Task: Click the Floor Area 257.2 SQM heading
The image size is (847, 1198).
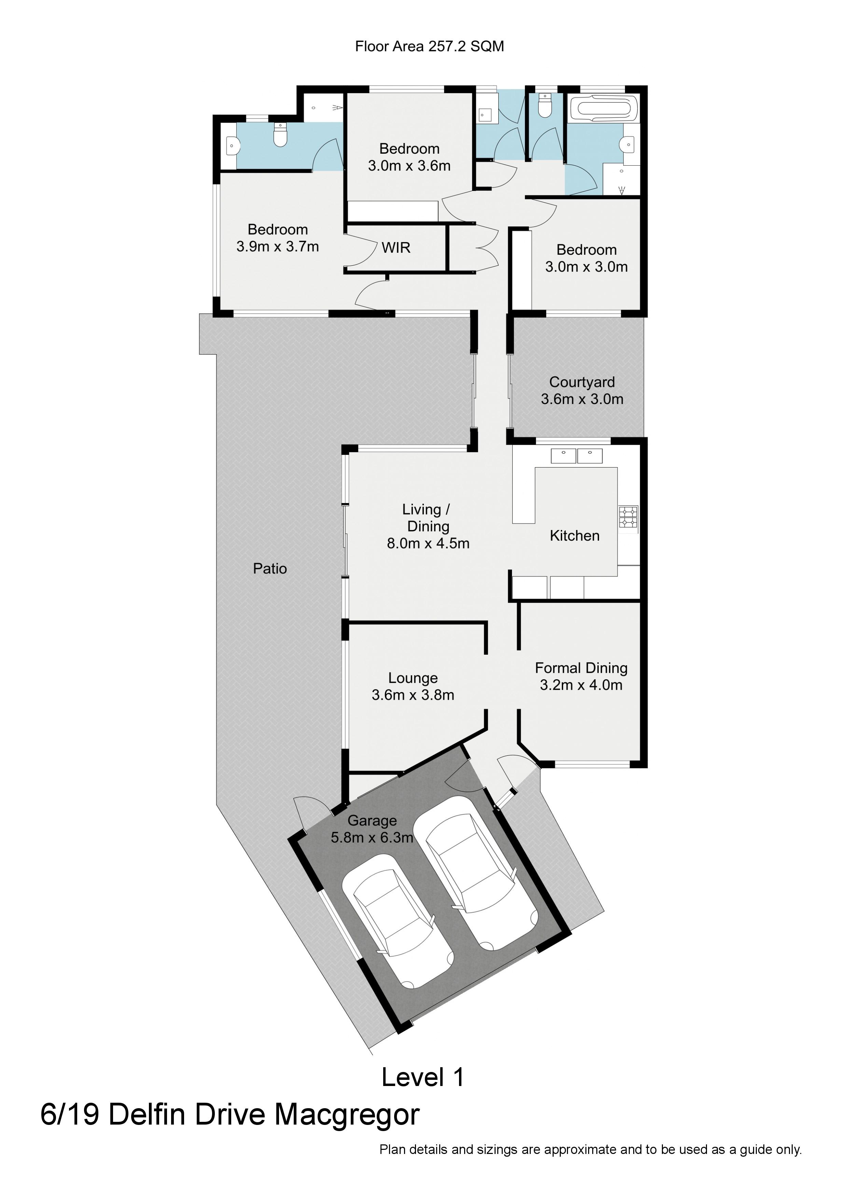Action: (430, 46)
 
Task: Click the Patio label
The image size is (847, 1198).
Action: (270, 568)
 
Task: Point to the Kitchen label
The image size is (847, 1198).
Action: (574, 535)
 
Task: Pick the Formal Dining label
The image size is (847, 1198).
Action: (581, 668)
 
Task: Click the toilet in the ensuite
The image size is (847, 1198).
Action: (281, 135)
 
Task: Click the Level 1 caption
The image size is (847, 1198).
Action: (423, 1077)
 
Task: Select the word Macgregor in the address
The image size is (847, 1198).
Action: (347, 1115)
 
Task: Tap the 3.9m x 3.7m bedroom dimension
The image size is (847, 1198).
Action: (278, 246)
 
